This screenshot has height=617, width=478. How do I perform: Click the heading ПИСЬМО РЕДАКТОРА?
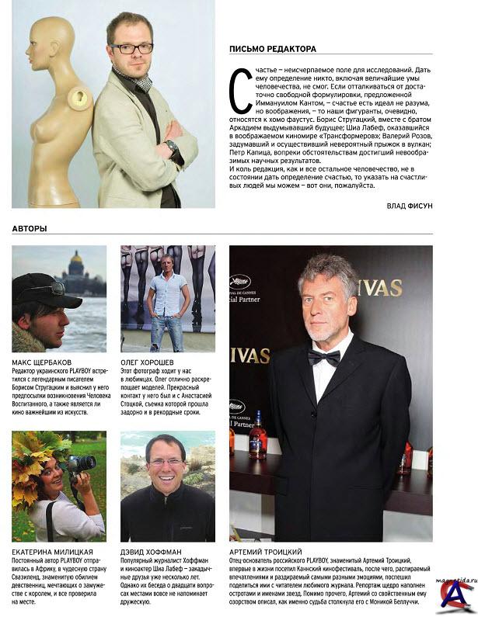click(x=272, y=49)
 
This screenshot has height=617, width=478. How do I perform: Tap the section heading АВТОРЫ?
click(x=30, y=229)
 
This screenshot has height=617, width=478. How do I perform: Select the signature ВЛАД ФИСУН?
click(x=409, y=206)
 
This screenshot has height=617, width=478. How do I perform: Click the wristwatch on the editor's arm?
click(x=171, y=146)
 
